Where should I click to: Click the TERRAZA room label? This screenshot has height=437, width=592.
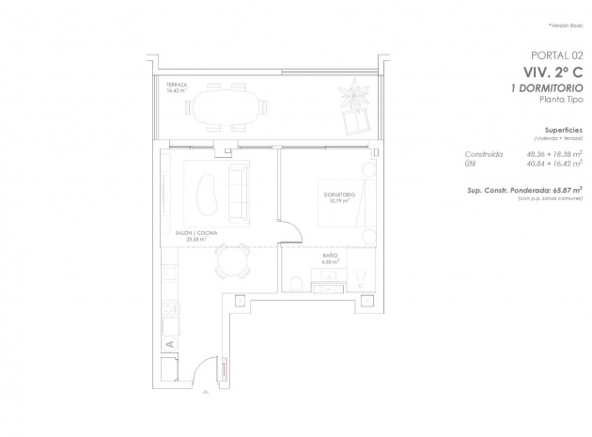(176, 84)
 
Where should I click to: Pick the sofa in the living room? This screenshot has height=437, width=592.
(238, 189)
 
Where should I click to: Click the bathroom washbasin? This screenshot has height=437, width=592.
(361, 278)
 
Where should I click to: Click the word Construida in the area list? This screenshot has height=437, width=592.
(484, 152)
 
